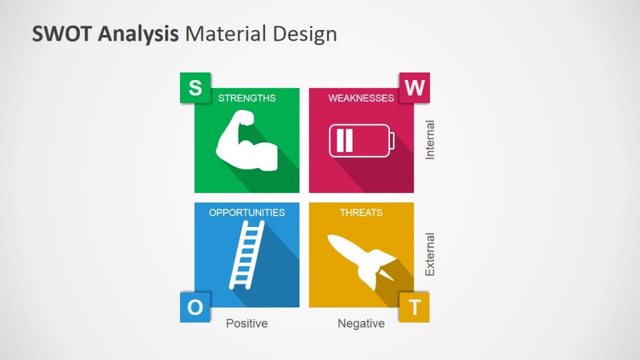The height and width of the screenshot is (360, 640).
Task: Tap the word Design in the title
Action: [x=304, y=34]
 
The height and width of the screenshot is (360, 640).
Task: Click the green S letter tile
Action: [x=195, y=88]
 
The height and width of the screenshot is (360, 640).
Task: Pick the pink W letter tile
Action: [x=414, y=88]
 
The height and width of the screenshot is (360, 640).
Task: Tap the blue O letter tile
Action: [x=195, y=307]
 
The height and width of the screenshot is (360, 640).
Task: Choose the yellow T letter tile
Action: [x=414, y=307]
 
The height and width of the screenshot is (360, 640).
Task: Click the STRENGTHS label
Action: [x=247, y=98]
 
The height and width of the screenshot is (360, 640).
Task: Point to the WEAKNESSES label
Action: [x=361, y=98]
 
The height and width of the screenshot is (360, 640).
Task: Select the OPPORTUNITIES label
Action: [x=247, y=212]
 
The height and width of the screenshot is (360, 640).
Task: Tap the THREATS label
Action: [x=361, y=212]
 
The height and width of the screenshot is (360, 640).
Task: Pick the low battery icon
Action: [x=362, y=141]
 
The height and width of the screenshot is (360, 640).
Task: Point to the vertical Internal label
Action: [x=430, y=140]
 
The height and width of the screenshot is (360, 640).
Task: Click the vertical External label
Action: [x=430, y=255]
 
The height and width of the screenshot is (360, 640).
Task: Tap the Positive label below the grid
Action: [x=247, y=324]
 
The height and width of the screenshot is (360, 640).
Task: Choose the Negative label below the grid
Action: [x=361, y=324]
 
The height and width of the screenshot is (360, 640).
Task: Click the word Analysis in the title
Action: [x=137, y=34]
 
